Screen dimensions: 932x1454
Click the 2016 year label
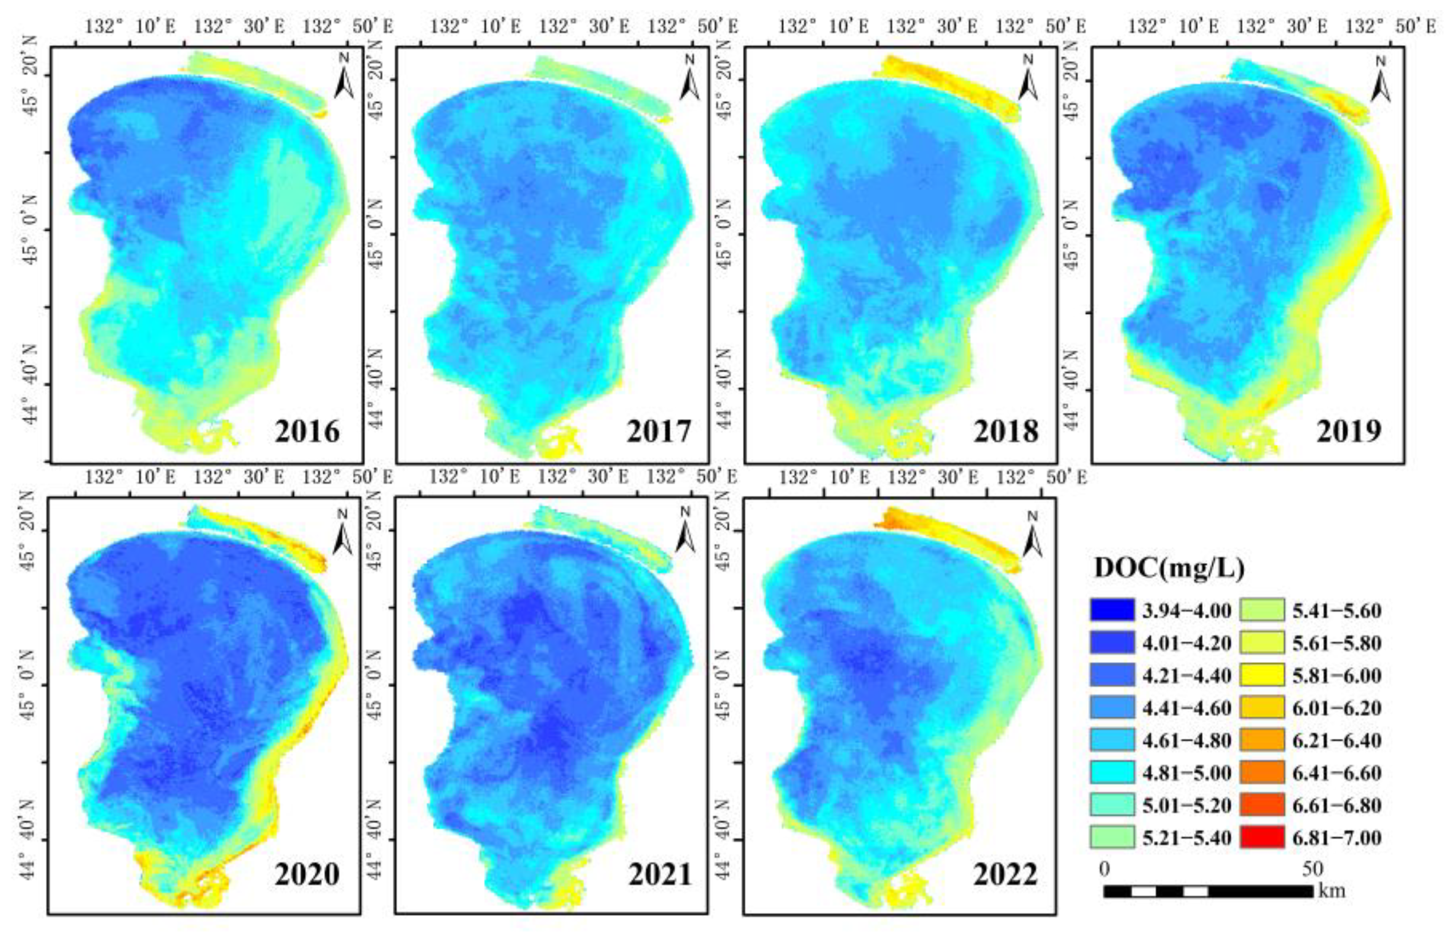[x=307, y=431]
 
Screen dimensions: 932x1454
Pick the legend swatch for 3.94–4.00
[x=1112, y=609]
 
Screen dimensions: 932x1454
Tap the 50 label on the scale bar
[x=1312, y=870]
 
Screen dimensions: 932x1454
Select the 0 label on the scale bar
[x=1104, y=870]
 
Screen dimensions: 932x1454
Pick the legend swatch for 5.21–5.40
[x=1112, y=838]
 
